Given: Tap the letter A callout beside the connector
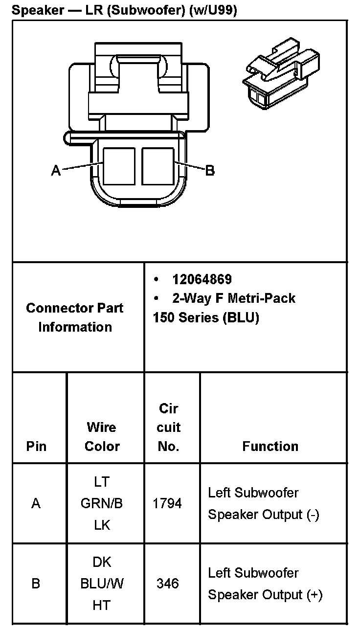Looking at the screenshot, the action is point(56,171).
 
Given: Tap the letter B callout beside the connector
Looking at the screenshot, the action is point(209,171).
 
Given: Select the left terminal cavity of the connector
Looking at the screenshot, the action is point(118,166).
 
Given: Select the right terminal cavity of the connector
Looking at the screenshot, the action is point(157,166).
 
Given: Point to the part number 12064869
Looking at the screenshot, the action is point(202,279).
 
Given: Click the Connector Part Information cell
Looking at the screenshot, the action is point(75,317).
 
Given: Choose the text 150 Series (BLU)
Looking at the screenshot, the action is point(206,317).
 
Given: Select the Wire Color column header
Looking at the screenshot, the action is point(102,436).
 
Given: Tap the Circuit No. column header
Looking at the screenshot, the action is point(169,427).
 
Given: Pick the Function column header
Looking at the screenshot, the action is point(270,446).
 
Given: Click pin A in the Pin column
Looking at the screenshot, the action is point(36,503).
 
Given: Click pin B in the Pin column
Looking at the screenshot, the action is point(36,584).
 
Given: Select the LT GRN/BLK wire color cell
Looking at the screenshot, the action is point(102,503).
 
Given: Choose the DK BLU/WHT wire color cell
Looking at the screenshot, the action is point(102,584).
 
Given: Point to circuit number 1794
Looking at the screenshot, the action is point(168,503).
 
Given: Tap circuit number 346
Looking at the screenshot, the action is point(168,584).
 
